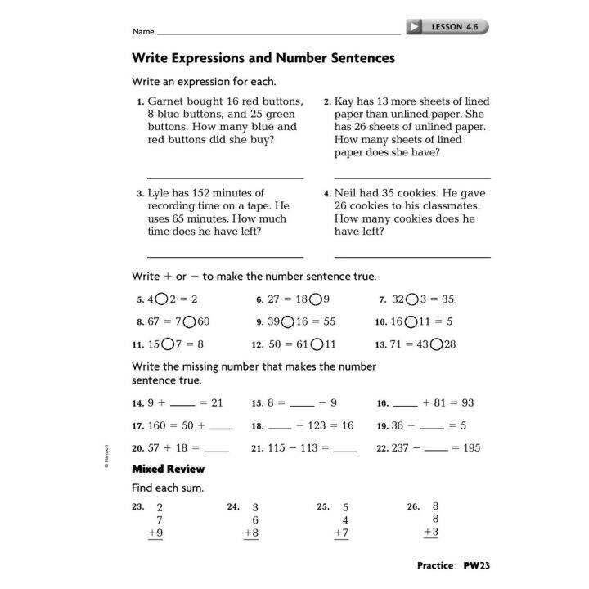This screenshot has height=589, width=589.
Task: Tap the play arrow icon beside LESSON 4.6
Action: coord(416,27)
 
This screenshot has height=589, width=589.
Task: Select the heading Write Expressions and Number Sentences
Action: coord(263,58)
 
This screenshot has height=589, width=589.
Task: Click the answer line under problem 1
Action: coord(225,177)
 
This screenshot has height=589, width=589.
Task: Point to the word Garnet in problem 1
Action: coord(166,101)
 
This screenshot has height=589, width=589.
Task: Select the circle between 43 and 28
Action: coord(436,344)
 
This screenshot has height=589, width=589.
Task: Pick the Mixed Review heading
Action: coord(169,469)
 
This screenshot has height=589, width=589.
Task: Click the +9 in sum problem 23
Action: coord(155,533)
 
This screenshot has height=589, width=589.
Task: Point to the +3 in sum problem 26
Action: coord(432,533)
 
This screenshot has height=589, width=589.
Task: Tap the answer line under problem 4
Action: coord(412,257)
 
